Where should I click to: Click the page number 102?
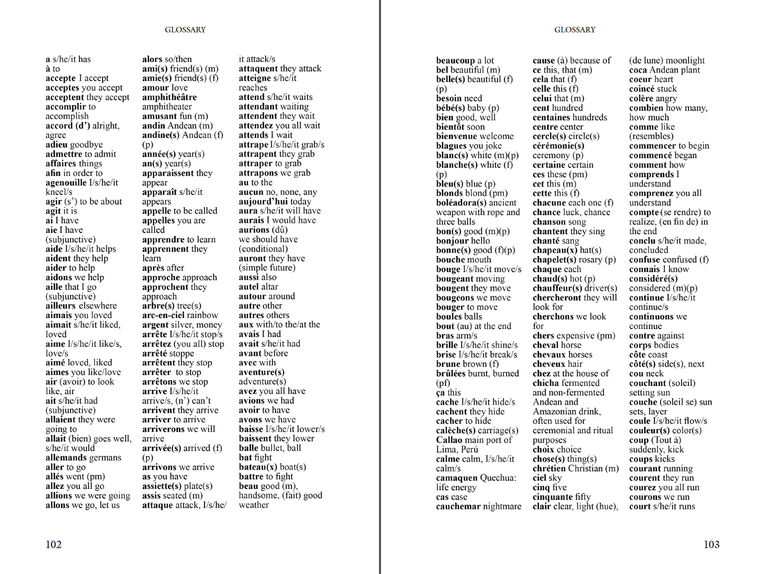(x=54, y=545)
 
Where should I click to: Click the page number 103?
(x=711, y=545)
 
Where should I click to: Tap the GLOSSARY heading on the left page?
(x=185, y=30)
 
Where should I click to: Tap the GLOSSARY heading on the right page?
(x=575, y=30)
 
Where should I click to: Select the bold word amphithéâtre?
(x=169, y=97)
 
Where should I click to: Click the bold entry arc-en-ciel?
(x=163, y=315)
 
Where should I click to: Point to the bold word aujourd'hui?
(x=263, y=201)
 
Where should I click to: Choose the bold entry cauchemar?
(x=458, y=507)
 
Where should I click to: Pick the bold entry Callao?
(x=449, y=440)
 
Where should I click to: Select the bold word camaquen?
(x=457, y=478)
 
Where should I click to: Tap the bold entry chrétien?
(x=550, y=468)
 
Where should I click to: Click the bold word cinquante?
(x=552, y=497)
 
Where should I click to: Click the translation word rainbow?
(x=202, y=315)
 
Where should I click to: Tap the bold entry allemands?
(x=68, y=457)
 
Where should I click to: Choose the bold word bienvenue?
(x=457, y=136)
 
